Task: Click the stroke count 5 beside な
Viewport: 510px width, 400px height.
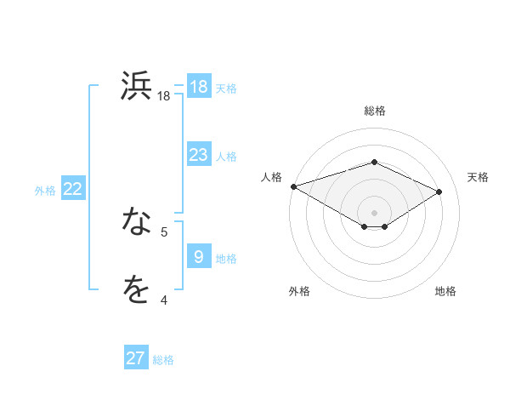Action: pos(164,231)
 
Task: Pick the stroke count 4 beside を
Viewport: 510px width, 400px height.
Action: pos(164,300)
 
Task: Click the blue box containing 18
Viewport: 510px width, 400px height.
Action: pos(199,87)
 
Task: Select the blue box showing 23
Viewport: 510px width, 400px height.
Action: pos(199,155)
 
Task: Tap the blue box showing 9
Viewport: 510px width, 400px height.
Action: pos(199,257)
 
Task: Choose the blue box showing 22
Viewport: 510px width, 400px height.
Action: pos(73,190)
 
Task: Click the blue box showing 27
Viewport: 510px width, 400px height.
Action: pos(136,358)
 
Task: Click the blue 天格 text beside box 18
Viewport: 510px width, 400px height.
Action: pos(226,88)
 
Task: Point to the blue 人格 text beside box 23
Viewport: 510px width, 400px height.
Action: pos(226,156)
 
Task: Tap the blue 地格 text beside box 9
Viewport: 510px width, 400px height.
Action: pos(226,258)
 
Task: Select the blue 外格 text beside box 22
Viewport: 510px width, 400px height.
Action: pos(45,191)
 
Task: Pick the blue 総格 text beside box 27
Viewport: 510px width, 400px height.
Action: pos(163,359)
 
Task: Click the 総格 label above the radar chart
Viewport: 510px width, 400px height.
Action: pos(374,111)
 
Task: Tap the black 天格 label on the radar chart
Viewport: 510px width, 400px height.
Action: pos(478,177)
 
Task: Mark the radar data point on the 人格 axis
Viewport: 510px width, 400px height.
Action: pos(293,186)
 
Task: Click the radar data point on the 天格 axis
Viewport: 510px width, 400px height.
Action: pos(439,191)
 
